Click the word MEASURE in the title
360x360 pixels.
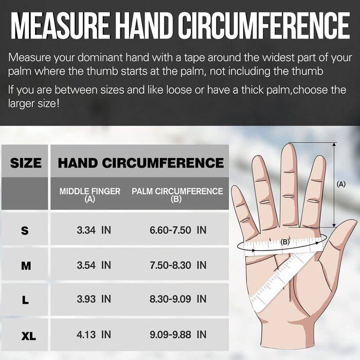tap(60, 26)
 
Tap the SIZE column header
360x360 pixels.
tap(26, 163)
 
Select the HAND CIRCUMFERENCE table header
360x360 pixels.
tap(141, 163)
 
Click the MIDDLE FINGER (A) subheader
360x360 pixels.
tap(90, 195)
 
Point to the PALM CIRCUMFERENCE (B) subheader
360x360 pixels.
tap(177, 195)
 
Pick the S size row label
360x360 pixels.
tap(25, 230)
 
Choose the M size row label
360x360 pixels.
tap(26, 266)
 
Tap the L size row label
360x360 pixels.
tap(25, 300)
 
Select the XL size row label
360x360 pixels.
tap(29, 336)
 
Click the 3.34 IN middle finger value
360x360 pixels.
tap(94, 230)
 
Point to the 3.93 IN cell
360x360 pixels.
tap(94, 299)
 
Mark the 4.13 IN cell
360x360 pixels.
tap(94, 334)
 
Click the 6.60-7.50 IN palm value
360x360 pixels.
tap(178, 230)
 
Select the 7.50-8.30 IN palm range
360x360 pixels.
tap(178, 265)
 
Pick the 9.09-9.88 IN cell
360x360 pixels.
tap(178, 334)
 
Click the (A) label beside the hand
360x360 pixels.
tap(341, 184)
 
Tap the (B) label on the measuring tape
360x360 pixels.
tap(285, 242)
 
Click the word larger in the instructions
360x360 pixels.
tap(21, 103)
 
